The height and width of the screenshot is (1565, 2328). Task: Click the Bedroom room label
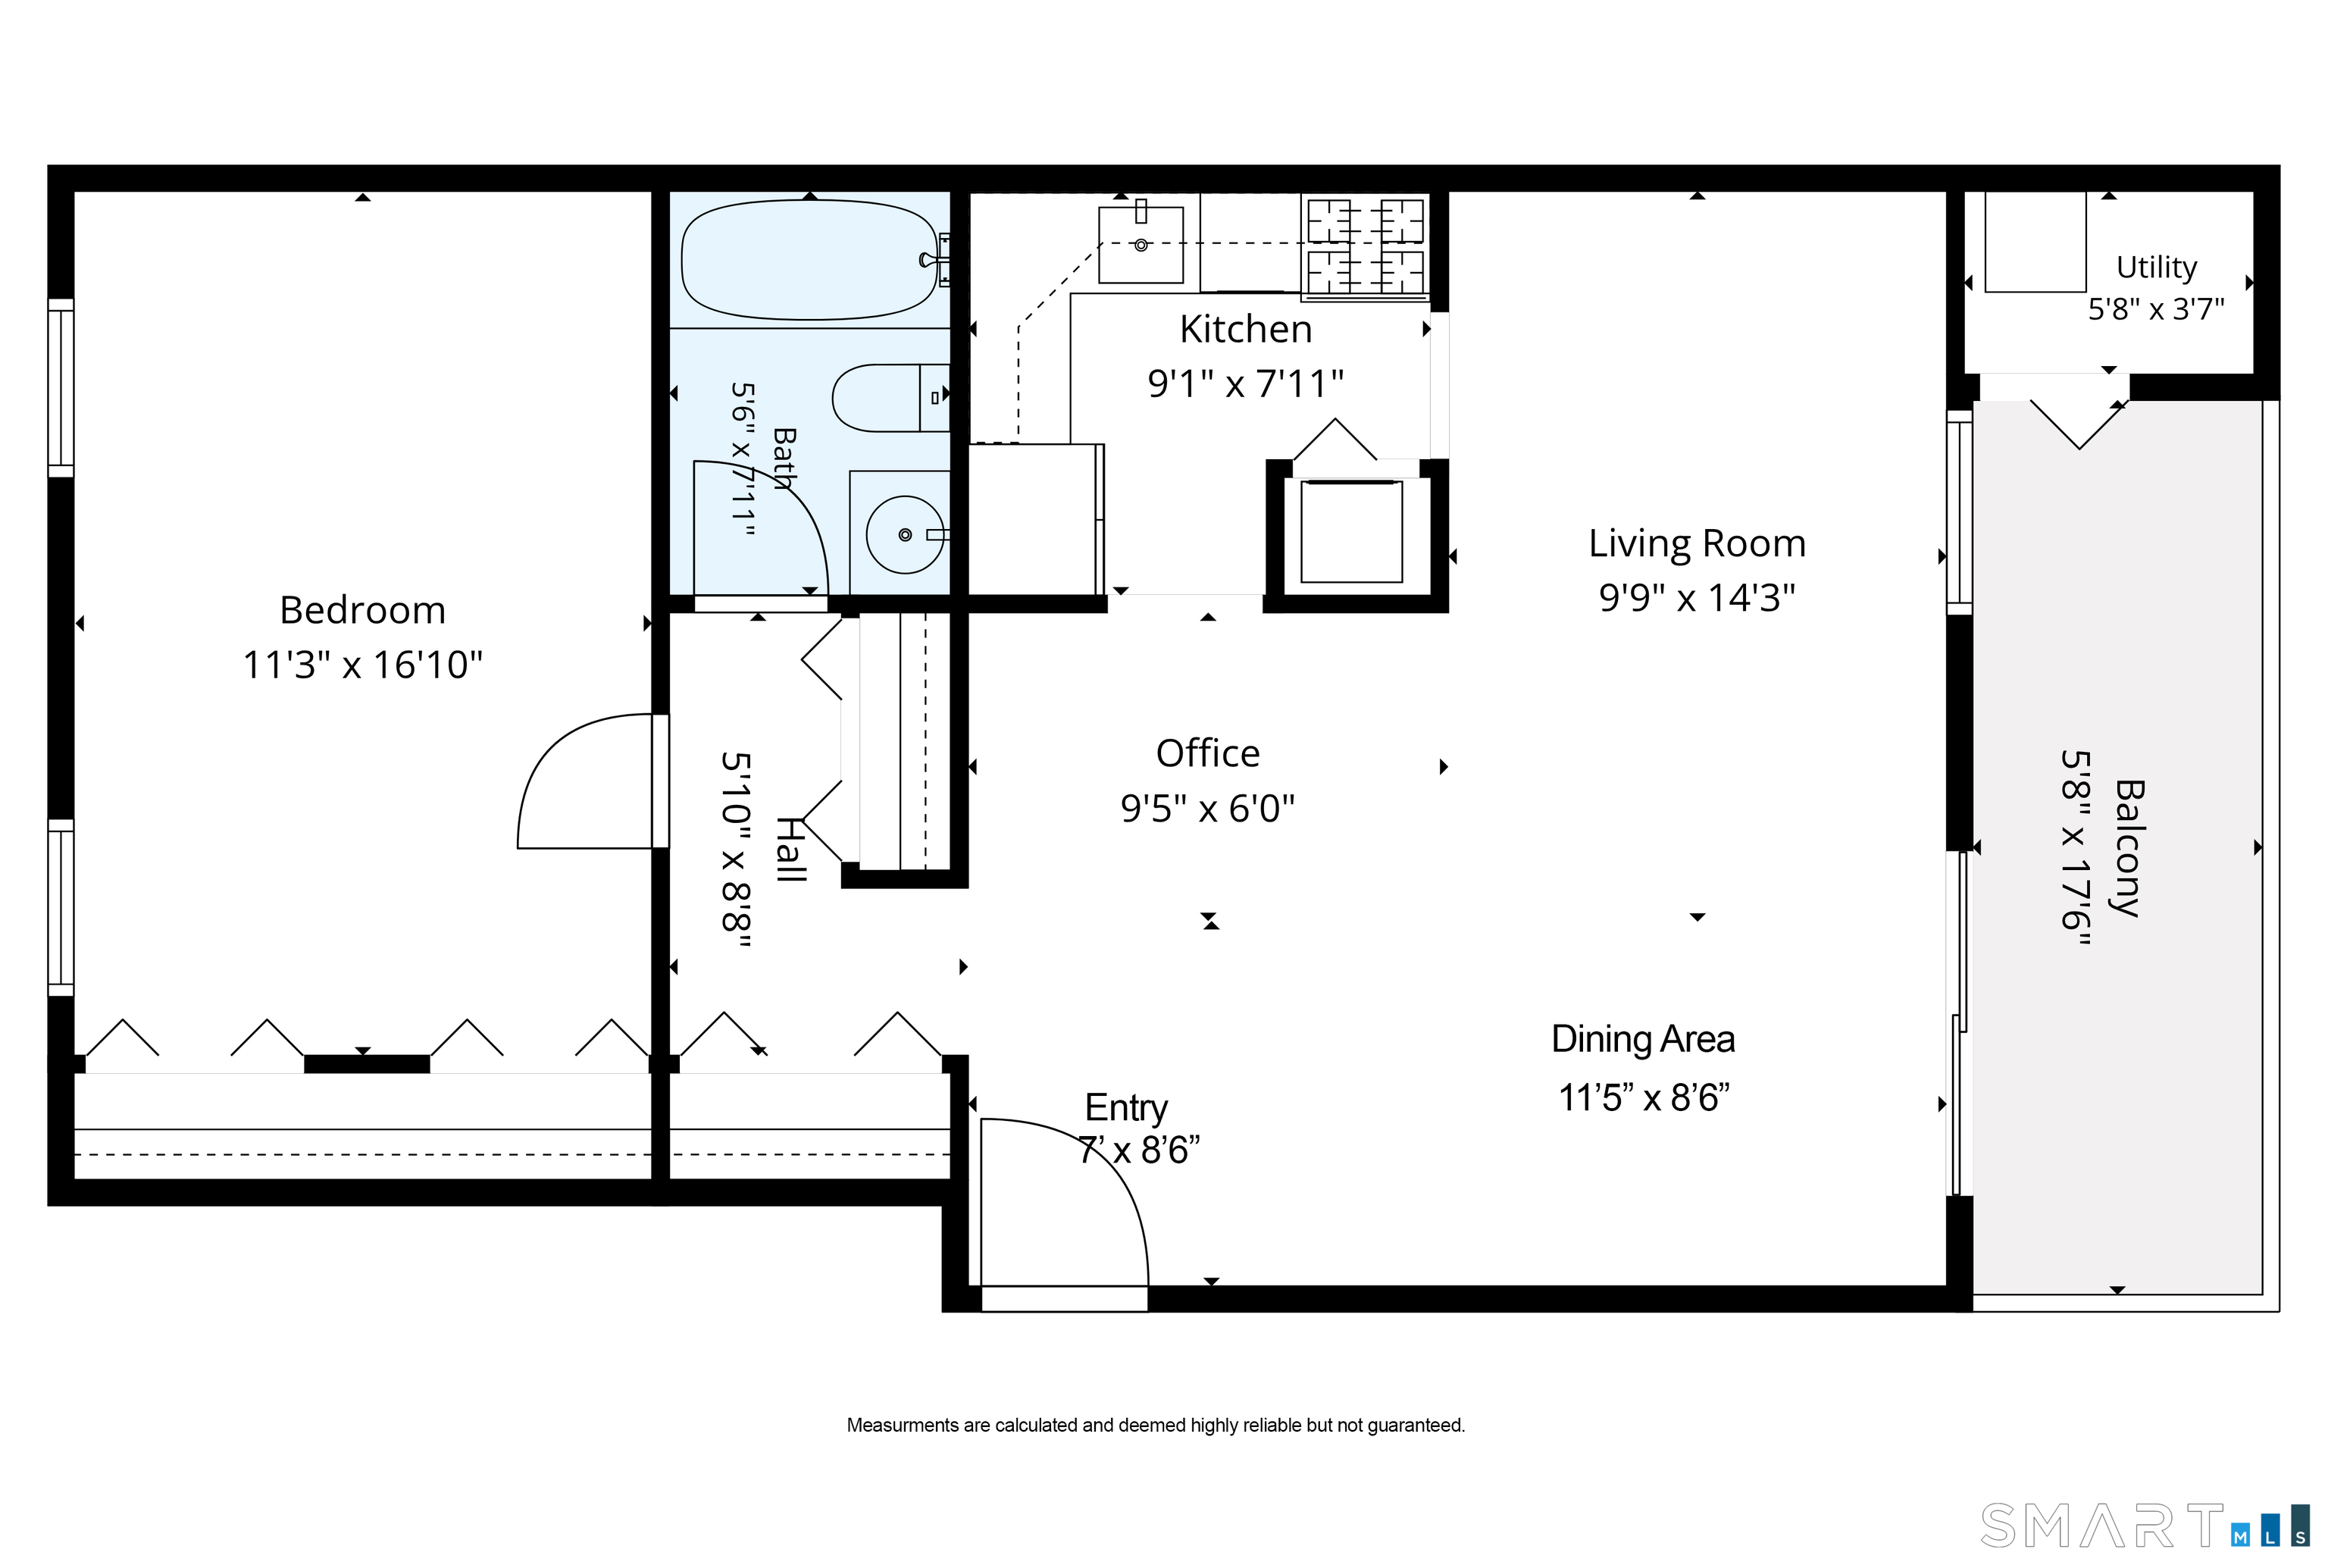(362, 610)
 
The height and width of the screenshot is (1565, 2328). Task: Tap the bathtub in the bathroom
(809, 259)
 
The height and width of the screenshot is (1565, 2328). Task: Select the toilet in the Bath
(890, 397)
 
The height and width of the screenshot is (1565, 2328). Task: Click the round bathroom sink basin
(905, 535)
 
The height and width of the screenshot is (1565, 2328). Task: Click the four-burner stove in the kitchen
(1365, 246)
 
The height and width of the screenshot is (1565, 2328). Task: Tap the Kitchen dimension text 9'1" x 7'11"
(1245, 383)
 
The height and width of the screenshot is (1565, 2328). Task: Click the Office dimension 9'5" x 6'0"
(1207, 807)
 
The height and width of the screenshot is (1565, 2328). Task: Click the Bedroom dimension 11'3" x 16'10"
(362, 665)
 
